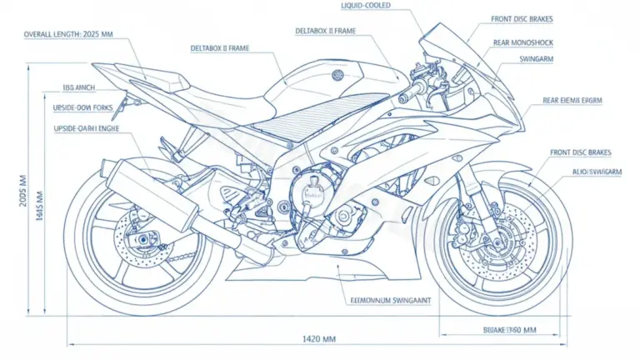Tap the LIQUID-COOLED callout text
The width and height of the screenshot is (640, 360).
point(366,5)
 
